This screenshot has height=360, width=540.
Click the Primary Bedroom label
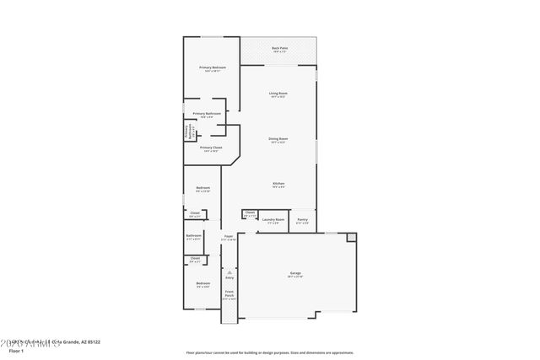tap(211, 67)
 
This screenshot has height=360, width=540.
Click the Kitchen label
tap(278, 183)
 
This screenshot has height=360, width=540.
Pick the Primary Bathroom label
tap(207, 113)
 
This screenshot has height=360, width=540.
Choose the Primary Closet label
tap(211, 148)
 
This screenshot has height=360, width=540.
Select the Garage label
tap(295, 273)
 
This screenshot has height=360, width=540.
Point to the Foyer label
tap(228, 237)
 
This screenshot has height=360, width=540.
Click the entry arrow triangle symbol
tap(228, 271)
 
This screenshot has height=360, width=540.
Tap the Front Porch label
tap(229, 296)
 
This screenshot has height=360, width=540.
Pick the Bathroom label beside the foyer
tap(194, 236)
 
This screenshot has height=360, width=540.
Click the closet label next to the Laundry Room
tap(250, 212)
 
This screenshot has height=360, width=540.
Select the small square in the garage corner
tap(352, 238)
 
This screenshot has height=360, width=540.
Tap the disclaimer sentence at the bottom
tap(270, 352)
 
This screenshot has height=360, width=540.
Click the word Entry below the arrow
tap(228, 277)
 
